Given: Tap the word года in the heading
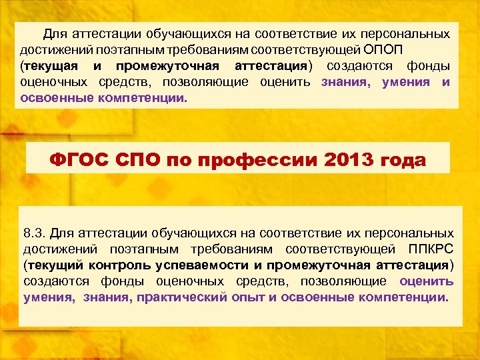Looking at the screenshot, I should [404, 161].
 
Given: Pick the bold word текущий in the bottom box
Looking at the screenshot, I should [55, 265].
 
